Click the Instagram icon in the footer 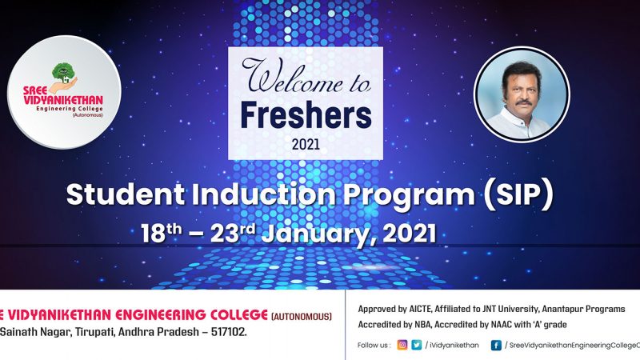point(402,345)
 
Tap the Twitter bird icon point(416,345)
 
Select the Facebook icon point(496,346)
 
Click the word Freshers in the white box point(306,115)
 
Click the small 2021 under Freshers point(306,144)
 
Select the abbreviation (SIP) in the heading point(518,194)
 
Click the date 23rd point(233,234)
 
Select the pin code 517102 point(229,332)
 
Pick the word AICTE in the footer point(420,309)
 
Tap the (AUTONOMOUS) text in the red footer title point(302,316)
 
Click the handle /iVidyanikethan point(452,346)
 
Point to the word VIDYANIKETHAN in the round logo point(63,100)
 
